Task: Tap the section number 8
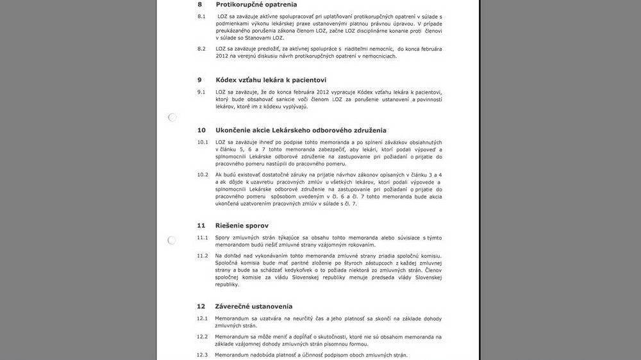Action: point(199,4)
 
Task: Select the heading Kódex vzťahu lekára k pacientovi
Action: point(271,80)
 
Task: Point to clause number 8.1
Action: point(201,15)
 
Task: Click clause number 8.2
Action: point(201,49)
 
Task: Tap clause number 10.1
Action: point(203,142)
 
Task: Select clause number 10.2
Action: point(203,175)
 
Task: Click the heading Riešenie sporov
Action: point(242,225)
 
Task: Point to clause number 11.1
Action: point(203,238)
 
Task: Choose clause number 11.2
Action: point(203,256)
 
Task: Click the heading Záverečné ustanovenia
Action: point(254,307)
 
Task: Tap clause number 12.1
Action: point(203,319)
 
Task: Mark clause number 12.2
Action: point(203,337)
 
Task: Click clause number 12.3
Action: point(203,356)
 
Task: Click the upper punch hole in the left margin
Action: point(172,118)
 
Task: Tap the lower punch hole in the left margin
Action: point(172,241)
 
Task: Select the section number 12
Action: point(201,307)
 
